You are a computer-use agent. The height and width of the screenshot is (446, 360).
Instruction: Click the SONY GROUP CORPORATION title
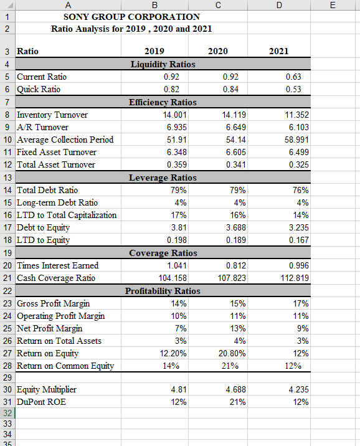click(131, 17)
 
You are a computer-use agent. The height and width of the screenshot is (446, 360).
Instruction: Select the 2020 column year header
click(217, 51)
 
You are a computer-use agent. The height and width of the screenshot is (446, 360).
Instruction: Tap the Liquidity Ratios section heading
click(163, 64)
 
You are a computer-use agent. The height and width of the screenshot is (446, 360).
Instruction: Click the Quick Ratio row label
click(38, 89)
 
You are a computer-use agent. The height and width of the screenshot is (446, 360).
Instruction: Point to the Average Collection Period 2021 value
click(295, 140)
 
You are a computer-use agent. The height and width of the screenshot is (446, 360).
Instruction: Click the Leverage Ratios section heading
click(163, 178)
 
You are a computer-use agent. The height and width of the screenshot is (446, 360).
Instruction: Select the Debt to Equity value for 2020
click(235, 227)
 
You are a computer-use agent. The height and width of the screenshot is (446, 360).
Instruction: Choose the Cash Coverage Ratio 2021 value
click(293, 278)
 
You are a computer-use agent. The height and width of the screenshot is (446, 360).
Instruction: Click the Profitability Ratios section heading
click(163, 291)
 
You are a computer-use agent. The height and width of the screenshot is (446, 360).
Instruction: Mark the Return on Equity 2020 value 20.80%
click(233, 353)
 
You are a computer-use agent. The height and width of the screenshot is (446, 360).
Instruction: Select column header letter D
click(279, 5)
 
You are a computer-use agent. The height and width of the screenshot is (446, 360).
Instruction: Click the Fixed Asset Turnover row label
click(56, 152)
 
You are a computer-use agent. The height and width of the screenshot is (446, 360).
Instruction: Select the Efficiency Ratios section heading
click(163, 102)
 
